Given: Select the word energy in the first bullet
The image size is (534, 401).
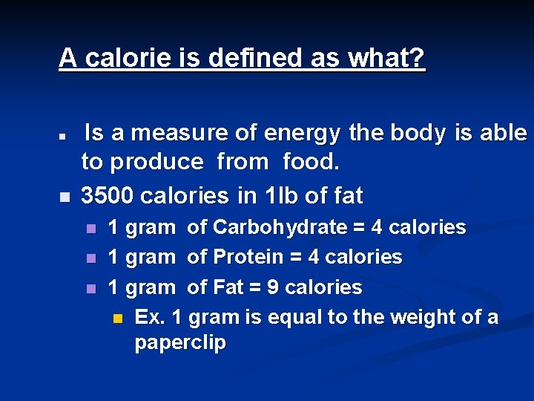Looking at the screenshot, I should (x=304, y=134).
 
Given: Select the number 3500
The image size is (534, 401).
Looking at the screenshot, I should (x=107, y=196).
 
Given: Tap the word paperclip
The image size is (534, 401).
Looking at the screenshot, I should (x=180, y=344).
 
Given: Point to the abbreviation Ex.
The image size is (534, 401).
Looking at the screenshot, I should (x=149, y=318).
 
